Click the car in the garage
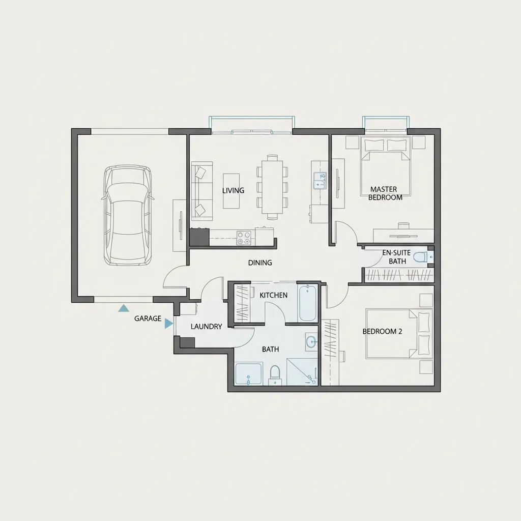128,216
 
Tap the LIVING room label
233,190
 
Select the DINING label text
260,263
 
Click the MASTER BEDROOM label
385,193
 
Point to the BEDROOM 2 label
382,331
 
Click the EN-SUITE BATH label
397,257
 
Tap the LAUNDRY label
207,327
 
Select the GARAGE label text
148,319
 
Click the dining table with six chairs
272,187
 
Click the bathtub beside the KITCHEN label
308,302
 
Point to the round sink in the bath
312,341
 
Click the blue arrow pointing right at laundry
169,324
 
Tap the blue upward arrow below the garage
124,308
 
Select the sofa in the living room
201,191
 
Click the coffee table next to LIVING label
231,191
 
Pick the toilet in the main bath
275,375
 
